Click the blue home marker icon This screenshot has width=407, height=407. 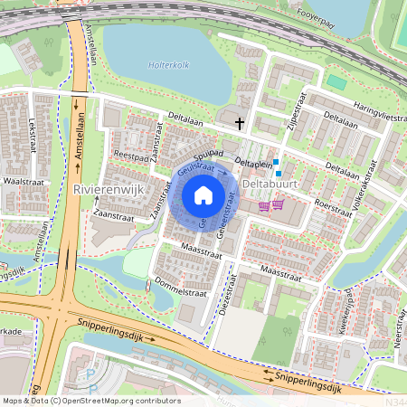pos(203,194)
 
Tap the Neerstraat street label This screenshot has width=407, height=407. pos(399,335)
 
